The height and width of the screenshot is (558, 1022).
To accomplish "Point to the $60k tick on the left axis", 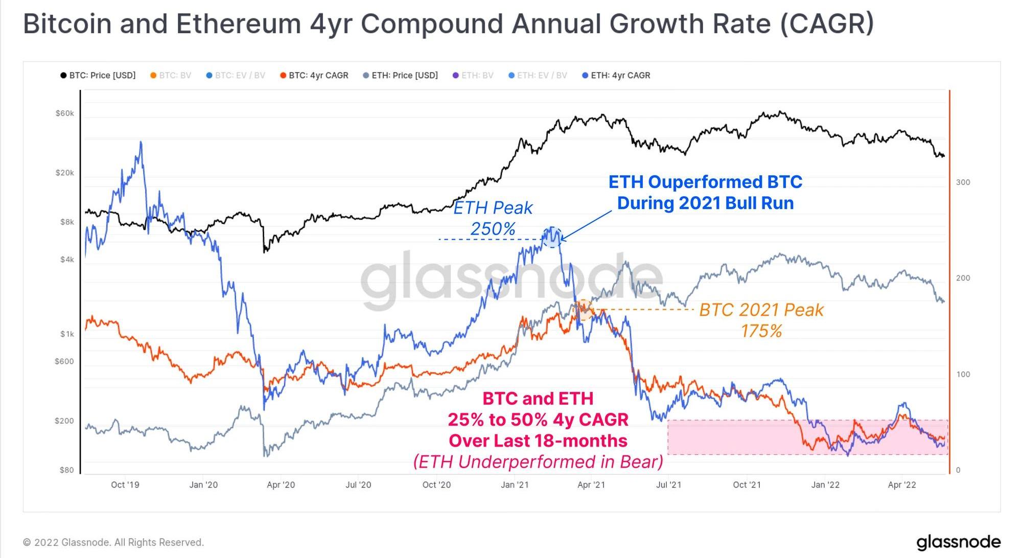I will click(x=65, y=113).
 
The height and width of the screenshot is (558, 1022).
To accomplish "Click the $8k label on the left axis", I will click(x=67, y=222).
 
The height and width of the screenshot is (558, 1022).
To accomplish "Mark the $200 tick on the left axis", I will click(x=64, y=421).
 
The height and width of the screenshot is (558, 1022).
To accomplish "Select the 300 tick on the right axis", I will click(x=963, y=182).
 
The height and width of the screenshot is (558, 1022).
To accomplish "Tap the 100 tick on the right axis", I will click(x=963, y=375).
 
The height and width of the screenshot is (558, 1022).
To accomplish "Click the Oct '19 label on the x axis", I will click(x=125, y=485).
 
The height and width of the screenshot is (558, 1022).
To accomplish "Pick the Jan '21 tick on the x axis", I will click(x=515, y=485).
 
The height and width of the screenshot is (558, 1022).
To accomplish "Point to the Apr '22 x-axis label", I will click(x=902, y=485).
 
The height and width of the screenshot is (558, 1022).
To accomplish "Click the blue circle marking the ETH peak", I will click(x=552, y=237).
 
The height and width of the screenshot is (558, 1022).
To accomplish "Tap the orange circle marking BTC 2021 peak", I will click(x=583, y=310).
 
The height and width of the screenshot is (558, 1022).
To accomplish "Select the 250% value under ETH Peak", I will click(x=493, y=229).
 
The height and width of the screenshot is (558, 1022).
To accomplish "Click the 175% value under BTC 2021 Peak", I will click(x=761, y=331).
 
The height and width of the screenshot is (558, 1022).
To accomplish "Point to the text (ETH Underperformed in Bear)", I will click(x=538, y=462).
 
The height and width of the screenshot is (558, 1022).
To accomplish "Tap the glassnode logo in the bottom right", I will click(x=958, y=542).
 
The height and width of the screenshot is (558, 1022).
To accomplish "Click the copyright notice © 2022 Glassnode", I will click(x=114, y=542).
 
